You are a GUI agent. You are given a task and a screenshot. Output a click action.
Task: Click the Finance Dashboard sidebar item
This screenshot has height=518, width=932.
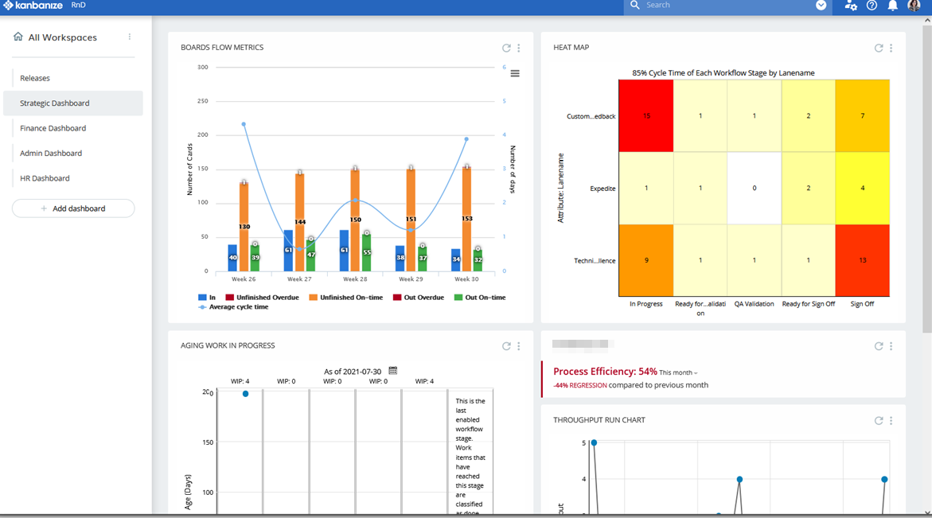(53, 128)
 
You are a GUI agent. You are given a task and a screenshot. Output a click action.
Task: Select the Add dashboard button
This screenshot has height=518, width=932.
(73, 208)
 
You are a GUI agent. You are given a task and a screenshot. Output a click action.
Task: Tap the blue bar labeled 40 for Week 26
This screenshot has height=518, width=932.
(232, 258)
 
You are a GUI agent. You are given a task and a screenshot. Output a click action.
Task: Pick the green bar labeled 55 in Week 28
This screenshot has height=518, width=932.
(366, 253)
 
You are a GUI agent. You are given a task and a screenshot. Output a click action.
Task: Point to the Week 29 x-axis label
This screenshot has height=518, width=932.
(411, 279)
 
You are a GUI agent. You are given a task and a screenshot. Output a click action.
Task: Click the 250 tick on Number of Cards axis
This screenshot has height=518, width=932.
(202, 101)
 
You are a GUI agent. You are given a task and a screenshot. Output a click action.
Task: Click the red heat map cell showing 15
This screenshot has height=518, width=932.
(646, 116)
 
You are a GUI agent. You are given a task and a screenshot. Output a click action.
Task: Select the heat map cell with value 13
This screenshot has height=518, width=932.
(862, 260)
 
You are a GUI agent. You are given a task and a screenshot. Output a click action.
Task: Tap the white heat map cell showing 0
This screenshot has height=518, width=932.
(754, 189)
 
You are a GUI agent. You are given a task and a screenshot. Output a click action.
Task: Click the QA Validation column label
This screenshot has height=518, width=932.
(754, 304)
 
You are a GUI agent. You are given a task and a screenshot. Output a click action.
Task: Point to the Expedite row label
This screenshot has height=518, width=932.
(602, 189)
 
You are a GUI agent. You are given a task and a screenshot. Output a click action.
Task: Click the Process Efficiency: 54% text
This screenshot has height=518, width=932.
(605, 372)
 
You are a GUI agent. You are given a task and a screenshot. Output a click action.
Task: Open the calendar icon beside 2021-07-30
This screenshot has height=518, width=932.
(392, 371)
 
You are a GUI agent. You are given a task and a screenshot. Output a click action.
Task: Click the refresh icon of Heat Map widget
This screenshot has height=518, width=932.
(879, 48)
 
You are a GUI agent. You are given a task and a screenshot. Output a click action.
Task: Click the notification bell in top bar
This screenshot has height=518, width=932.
(892, 6)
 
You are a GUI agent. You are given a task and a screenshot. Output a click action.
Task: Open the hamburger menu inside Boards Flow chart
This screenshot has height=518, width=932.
(515, 73)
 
